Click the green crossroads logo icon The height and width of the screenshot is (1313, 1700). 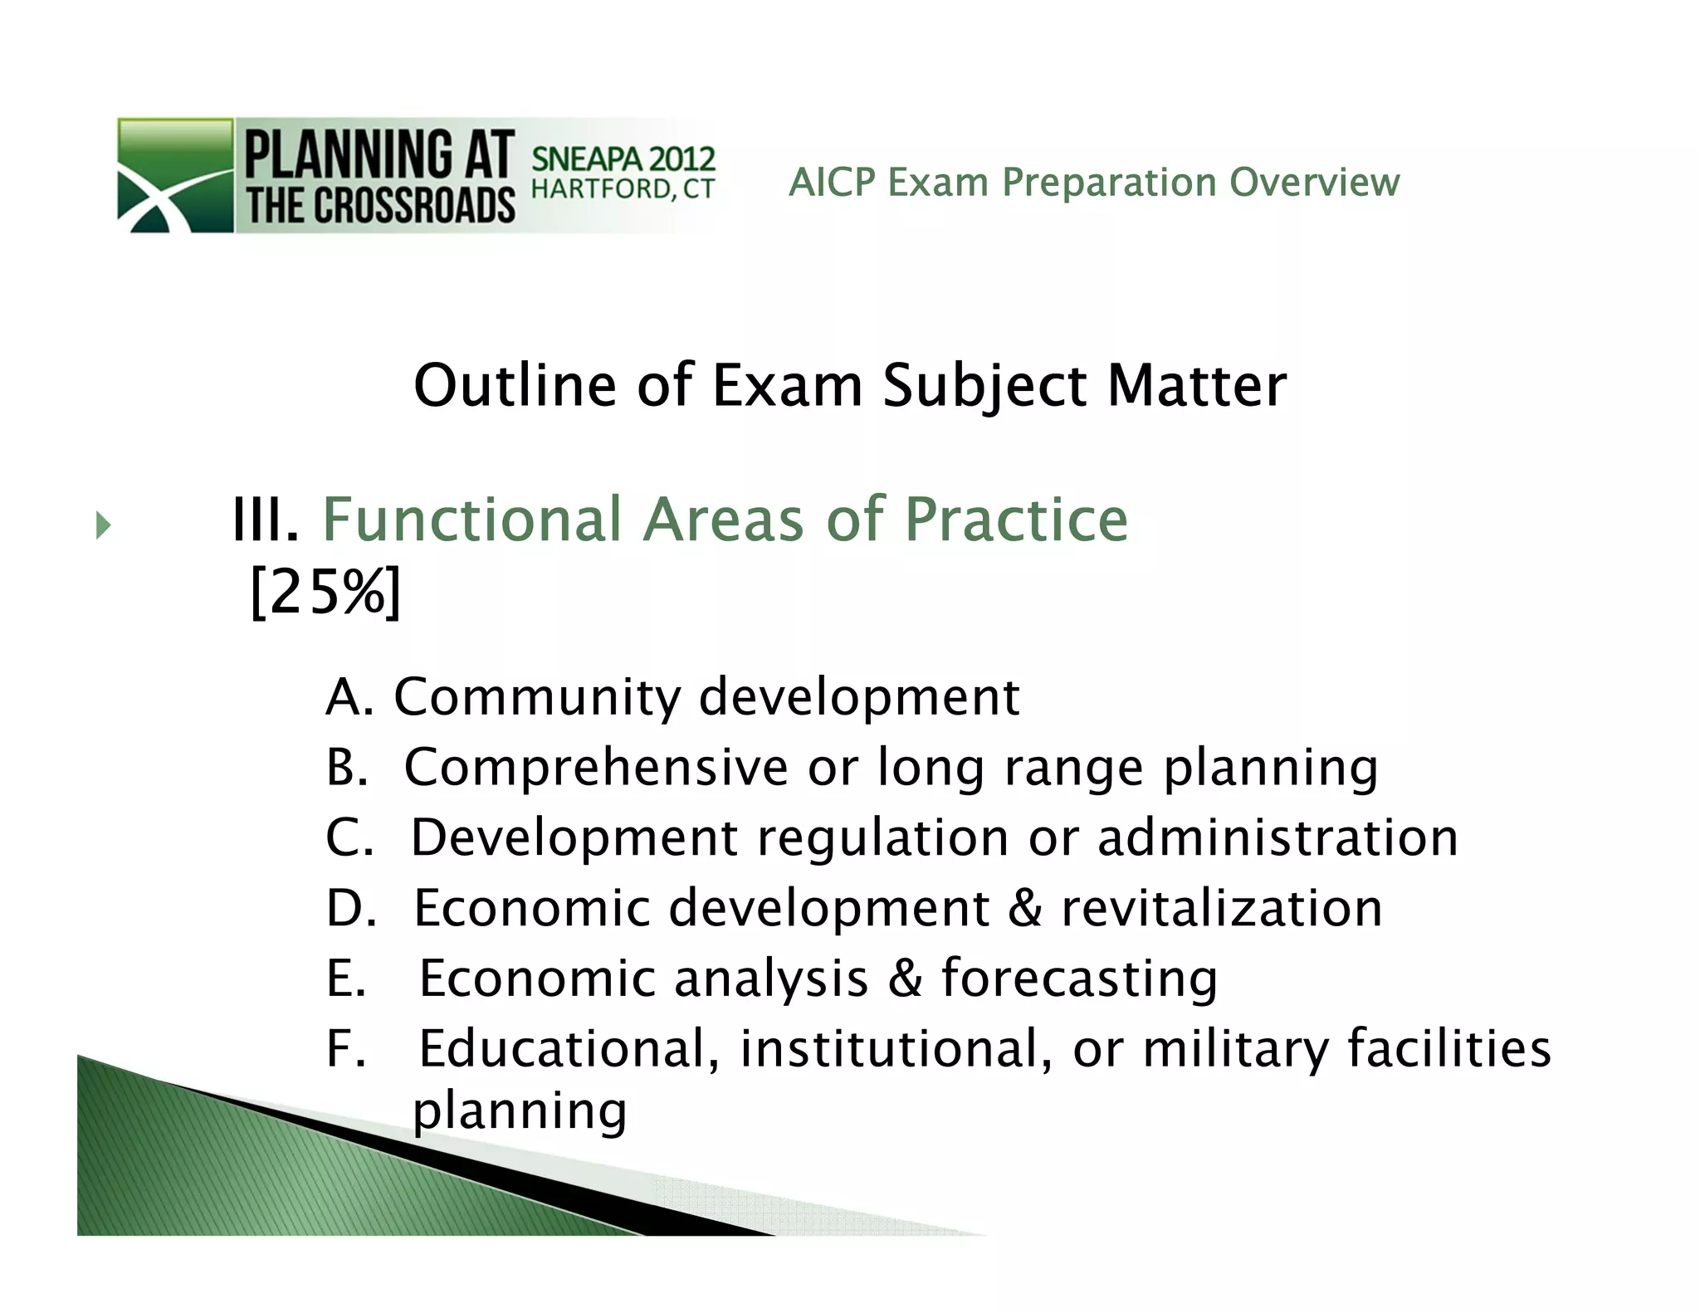(x=175, y=175)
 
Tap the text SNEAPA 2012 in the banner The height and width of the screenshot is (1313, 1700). (x=623, y=158)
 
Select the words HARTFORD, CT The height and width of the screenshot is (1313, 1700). (x=623, y=189)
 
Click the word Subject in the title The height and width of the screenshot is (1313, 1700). (x=984, y=388)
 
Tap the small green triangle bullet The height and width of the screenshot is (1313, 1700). (x=103, y=525)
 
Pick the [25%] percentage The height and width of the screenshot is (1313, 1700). (x=325, y=593)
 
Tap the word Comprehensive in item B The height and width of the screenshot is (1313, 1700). (x=595, y=768)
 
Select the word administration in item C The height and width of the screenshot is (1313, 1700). (x=1277, y=837)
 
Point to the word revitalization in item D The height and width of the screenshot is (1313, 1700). (x=1222, y=908)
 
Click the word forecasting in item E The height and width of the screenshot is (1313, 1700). (x=1079, y=979)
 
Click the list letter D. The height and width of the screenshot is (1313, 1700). (x=351, y=908)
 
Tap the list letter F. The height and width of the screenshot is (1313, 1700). (x=345, y=1048)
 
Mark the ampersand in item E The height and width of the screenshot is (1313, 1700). (x=905, y=979)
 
